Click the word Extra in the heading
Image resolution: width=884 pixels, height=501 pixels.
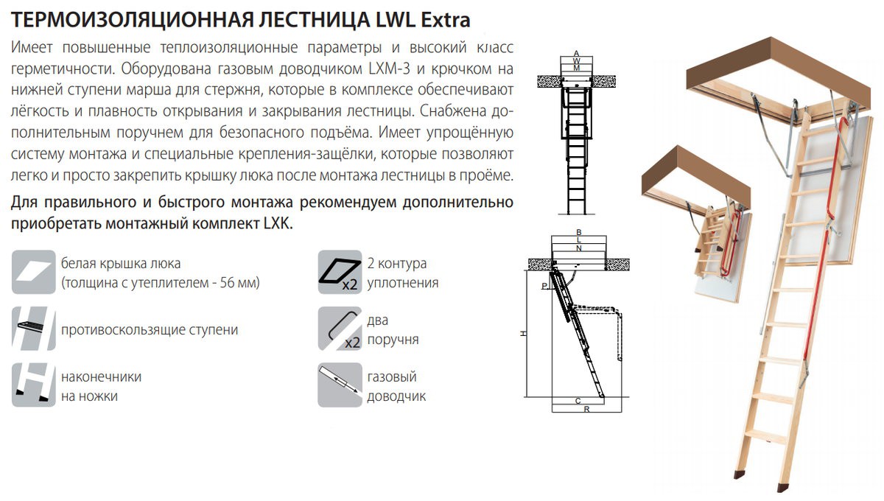click(x=446, y=20)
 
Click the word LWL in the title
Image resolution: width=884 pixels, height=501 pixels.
click(x=395, y=20)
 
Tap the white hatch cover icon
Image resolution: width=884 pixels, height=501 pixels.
click(x=34, y=272)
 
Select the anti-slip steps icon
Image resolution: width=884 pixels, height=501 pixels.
click(x=34, y=329)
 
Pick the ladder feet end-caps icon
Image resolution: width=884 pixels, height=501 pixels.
click(x=34, y=385)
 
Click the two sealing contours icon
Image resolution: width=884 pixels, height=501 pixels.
click(x=340, y=272)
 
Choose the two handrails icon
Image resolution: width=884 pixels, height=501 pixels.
click(x=340, y=329)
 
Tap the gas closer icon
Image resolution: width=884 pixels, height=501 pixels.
click(x=340, y=385)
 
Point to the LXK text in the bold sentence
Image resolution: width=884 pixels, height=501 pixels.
click(x=278, y=224)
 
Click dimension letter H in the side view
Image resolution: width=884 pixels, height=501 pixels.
click(x=523, y=334)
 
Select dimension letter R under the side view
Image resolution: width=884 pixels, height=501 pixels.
click(x=587, y=410)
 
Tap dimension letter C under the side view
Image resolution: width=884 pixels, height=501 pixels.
click(x=578, y=401)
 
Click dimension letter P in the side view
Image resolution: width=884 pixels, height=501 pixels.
click(x=544, y=286)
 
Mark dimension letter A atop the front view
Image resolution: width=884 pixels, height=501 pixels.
click(x=576, y=53)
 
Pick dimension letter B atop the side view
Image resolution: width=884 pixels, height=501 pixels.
click(x=579, y=233)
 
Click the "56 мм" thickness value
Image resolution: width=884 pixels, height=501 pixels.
click(x=238, y=283)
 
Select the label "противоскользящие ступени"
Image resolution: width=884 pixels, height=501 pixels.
click(x=150, y=329)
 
